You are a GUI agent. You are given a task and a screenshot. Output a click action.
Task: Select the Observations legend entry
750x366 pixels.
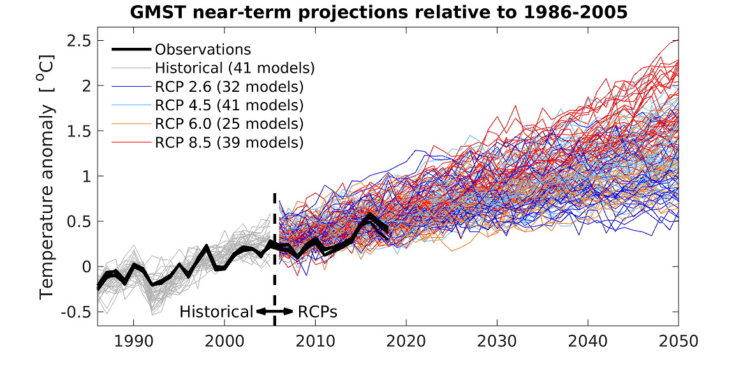(x=203, y=50)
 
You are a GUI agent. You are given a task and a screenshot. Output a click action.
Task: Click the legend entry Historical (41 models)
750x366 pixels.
(x=235, y=68)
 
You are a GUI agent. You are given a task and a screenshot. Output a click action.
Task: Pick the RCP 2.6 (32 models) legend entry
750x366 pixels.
(x=229, y=86)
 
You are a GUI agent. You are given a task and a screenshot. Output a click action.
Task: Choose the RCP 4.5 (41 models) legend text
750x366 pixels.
(x=229, y=105)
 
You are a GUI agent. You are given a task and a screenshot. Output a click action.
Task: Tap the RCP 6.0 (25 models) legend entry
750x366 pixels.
(x=229, y=123)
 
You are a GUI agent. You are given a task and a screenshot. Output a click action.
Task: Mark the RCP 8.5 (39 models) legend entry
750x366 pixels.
(x=229, y=142)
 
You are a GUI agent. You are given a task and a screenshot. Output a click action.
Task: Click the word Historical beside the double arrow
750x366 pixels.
(x=216, y=312)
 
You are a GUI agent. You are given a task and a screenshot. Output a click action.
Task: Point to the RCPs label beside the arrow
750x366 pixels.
(x=317, y=312)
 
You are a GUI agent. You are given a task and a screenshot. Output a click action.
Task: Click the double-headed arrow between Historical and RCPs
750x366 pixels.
(x=275, y=312)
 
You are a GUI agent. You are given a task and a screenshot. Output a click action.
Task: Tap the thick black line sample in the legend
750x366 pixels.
(x=131, y=50)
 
